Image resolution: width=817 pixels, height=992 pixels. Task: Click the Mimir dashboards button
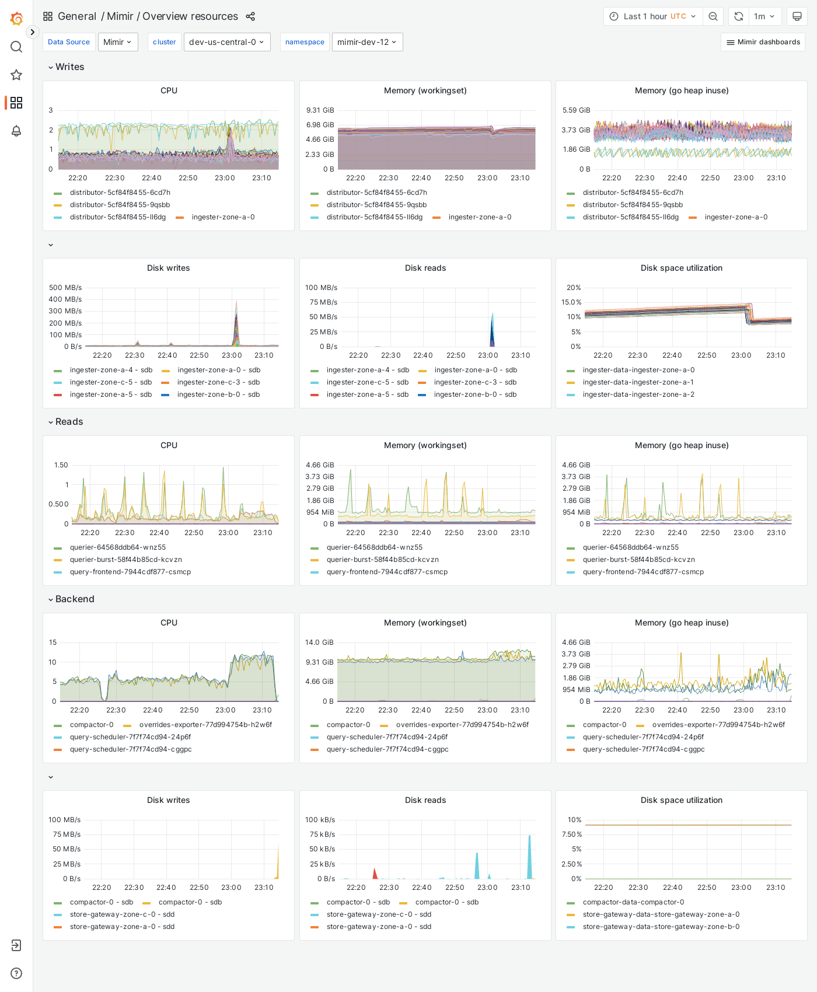(763, 42)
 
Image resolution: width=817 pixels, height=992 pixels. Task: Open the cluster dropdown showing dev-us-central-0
(227, 42)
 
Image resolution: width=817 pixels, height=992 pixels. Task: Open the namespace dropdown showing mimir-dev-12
(367, 42)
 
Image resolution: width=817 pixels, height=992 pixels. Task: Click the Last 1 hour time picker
(653, 16)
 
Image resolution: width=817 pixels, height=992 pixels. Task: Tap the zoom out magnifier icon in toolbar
(713, 16)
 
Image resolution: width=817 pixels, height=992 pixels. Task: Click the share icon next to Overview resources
(250, 16)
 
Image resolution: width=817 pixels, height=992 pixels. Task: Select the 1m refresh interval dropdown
(764, 16)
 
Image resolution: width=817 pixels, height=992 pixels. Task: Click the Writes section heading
(69, 67)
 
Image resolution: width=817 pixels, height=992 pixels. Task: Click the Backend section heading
(74, 599)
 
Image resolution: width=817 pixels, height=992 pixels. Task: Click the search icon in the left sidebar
(16, 47)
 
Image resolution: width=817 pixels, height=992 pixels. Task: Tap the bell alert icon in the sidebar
(16, 131)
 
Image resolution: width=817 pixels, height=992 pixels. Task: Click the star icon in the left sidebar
(16, 75)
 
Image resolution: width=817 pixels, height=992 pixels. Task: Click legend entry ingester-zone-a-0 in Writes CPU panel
(223, 217)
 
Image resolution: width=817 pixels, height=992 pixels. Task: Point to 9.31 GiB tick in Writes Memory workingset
(320, 110)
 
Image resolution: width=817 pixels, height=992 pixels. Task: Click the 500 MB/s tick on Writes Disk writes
(65, 288)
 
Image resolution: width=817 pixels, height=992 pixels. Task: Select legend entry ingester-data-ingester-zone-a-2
(638, 394)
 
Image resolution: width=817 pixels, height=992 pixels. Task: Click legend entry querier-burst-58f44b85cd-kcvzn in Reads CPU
(126, 560)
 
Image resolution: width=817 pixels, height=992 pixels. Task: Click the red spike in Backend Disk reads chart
(375, 873)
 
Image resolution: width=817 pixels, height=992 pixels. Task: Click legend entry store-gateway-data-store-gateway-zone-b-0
(661, 927)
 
